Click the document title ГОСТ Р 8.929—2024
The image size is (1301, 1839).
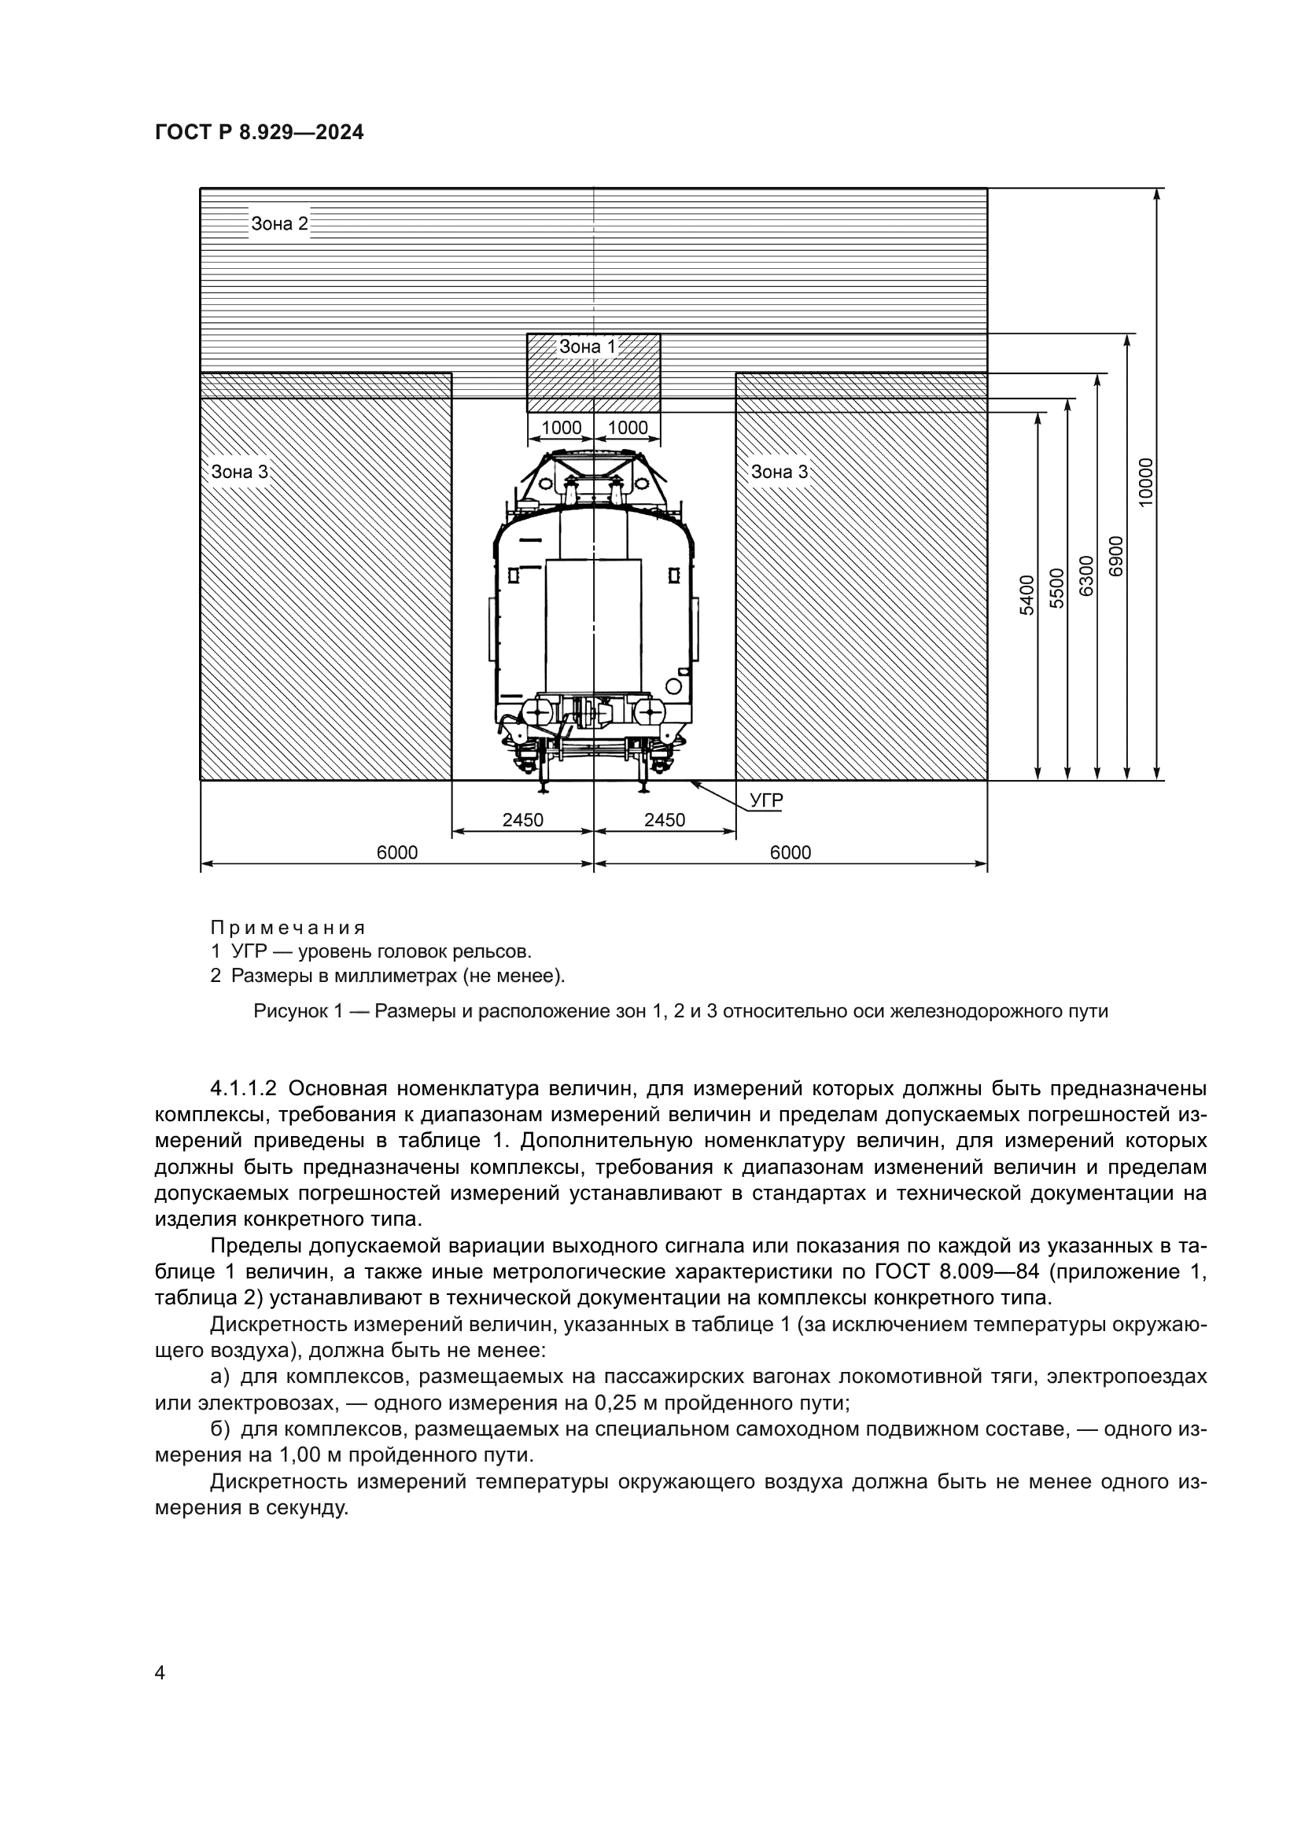click(259, 132)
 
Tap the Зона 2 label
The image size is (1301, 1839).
click(278, 223)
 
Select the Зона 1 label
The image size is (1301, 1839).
click(588, 347)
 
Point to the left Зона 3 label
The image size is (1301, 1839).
click(240, 472)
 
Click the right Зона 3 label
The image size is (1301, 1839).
click(779, 472)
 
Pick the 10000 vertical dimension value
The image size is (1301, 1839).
click(1145, 480)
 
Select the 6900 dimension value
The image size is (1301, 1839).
click(1116, 555)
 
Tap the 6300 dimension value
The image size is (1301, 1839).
click(1085, 575)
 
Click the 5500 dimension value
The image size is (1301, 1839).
click(1056, 587)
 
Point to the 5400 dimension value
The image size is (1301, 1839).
click(1027, 594)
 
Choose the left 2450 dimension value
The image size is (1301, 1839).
click(522, 819)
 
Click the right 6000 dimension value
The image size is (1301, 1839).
click(790, 852)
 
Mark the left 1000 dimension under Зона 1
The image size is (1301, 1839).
click(561, 428)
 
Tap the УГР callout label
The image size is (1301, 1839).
click(766, 800)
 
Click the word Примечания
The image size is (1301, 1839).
click(288, 928)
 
